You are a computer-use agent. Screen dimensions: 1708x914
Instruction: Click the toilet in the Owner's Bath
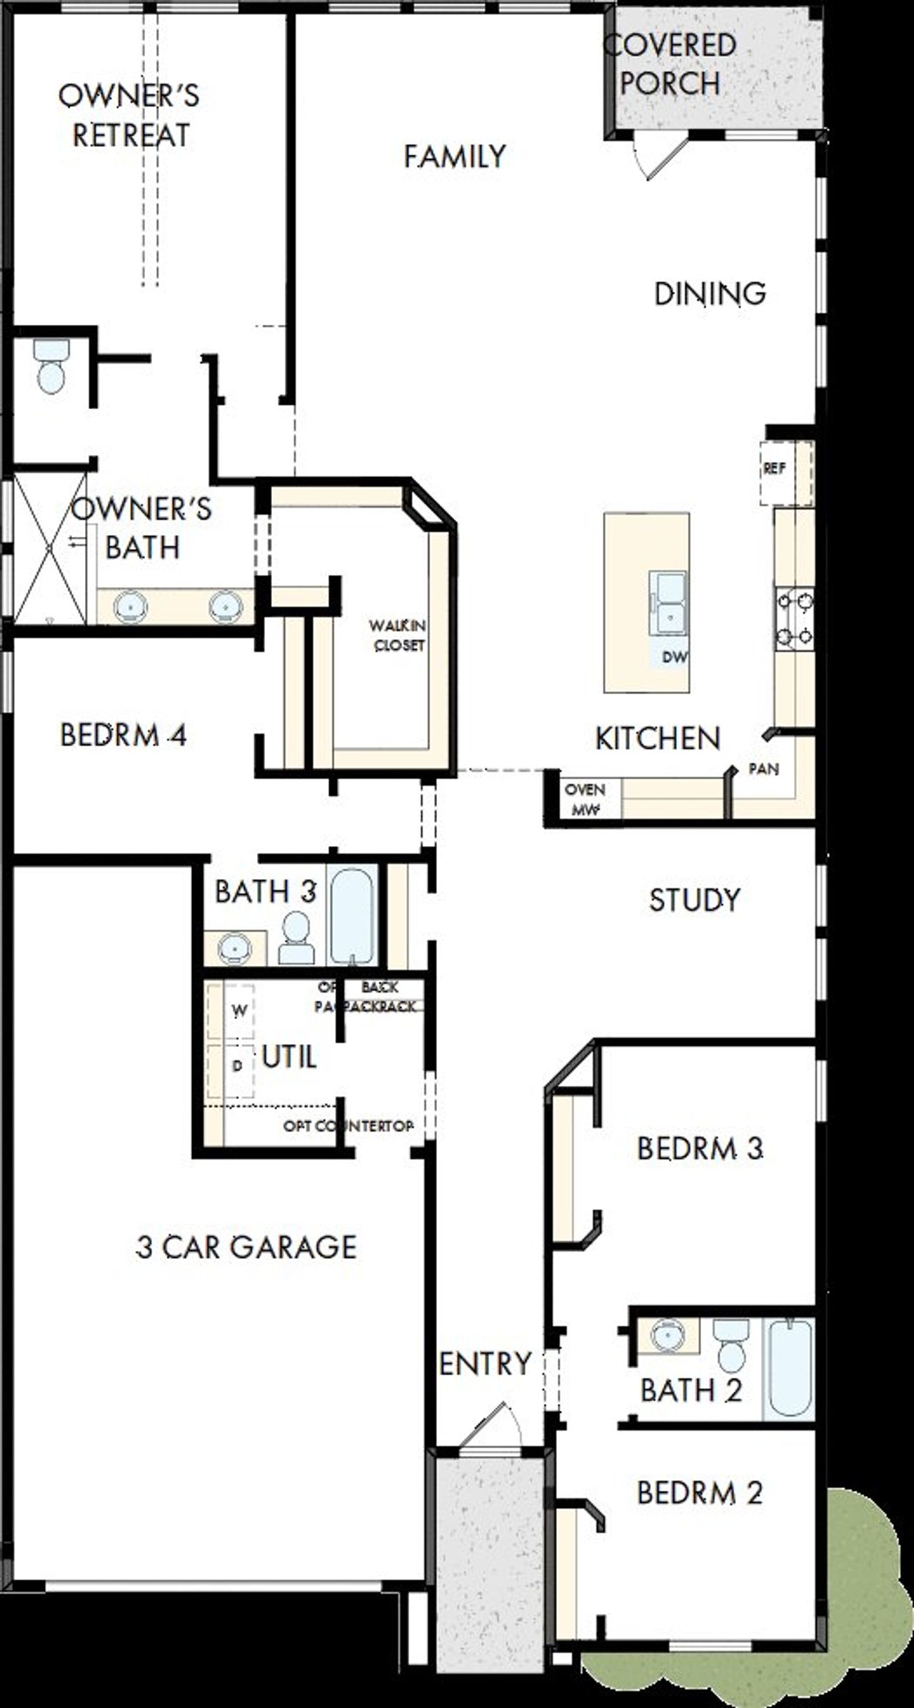tap(51, 366)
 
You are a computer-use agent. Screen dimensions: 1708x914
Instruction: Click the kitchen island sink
tap(668, 603)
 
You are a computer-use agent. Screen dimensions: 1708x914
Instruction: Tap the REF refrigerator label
tap(774, 469)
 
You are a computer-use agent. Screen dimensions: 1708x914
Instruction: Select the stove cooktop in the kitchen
tap(794, 618)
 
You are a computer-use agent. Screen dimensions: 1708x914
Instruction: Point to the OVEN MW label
tap(585, 799)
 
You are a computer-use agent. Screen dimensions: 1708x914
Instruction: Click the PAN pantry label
tap(763, 769)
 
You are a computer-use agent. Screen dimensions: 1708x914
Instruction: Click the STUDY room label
tap(694, 900)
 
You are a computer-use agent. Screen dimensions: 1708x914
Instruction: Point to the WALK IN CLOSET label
tap(397, 636)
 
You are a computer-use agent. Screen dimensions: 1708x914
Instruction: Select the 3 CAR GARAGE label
tap(246, 1247)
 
